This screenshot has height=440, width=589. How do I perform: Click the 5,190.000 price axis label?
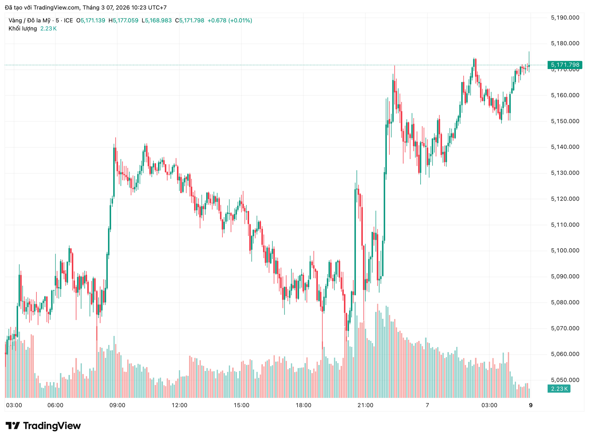[x=565, y=18]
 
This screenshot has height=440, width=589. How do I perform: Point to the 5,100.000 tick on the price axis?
[x=565, y=251]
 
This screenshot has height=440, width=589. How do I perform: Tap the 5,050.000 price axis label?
[x=565, y=380]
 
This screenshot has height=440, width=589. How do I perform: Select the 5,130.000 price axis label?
[x=565, y=173]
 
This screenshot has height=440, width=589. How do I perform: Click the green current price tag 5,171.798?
[x=565, y=65]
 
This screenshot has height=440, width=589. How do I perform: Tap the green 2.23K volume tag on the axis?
[x=559, y=389]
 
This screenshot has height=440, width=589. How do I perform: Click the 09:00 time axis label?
[x=117, y=405]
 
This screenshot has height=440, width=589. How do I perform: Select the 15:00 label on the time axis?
[x=241, y=405]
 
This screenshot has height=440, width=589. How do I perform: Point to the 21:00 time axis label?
[x=365, y=405]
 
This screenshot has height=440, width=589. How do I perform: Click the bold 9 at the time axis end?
[x=531, y=405]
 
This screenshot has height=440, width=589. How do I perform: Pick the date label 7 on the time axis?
[x=427, y=405]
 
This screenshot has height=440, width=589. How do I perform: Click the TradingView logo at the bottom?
[x=43, y=426]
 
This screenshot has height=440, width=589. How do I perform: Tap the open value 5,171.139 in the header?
[x=93, y=21]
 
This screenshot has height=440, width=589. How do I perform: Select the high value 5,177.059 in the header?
[x=125, y=21]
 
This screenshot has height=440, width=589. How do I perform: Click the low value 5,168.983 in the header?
[x=158, y=21]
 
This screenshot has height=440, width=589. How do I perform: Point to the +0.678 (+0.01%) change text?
[x=230, y=21]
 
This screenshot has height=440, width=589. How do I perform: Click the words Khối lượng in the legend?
[x=23, y=29]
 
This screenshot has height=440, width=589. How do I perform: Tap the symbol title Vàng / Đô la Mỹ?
[x=29, y=21]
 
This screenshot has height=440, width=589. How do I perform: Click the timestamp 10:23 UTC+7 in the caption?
[x=149, y=7]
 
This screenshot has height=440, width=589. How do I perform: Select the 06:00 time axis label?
[x=56, y=405]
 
